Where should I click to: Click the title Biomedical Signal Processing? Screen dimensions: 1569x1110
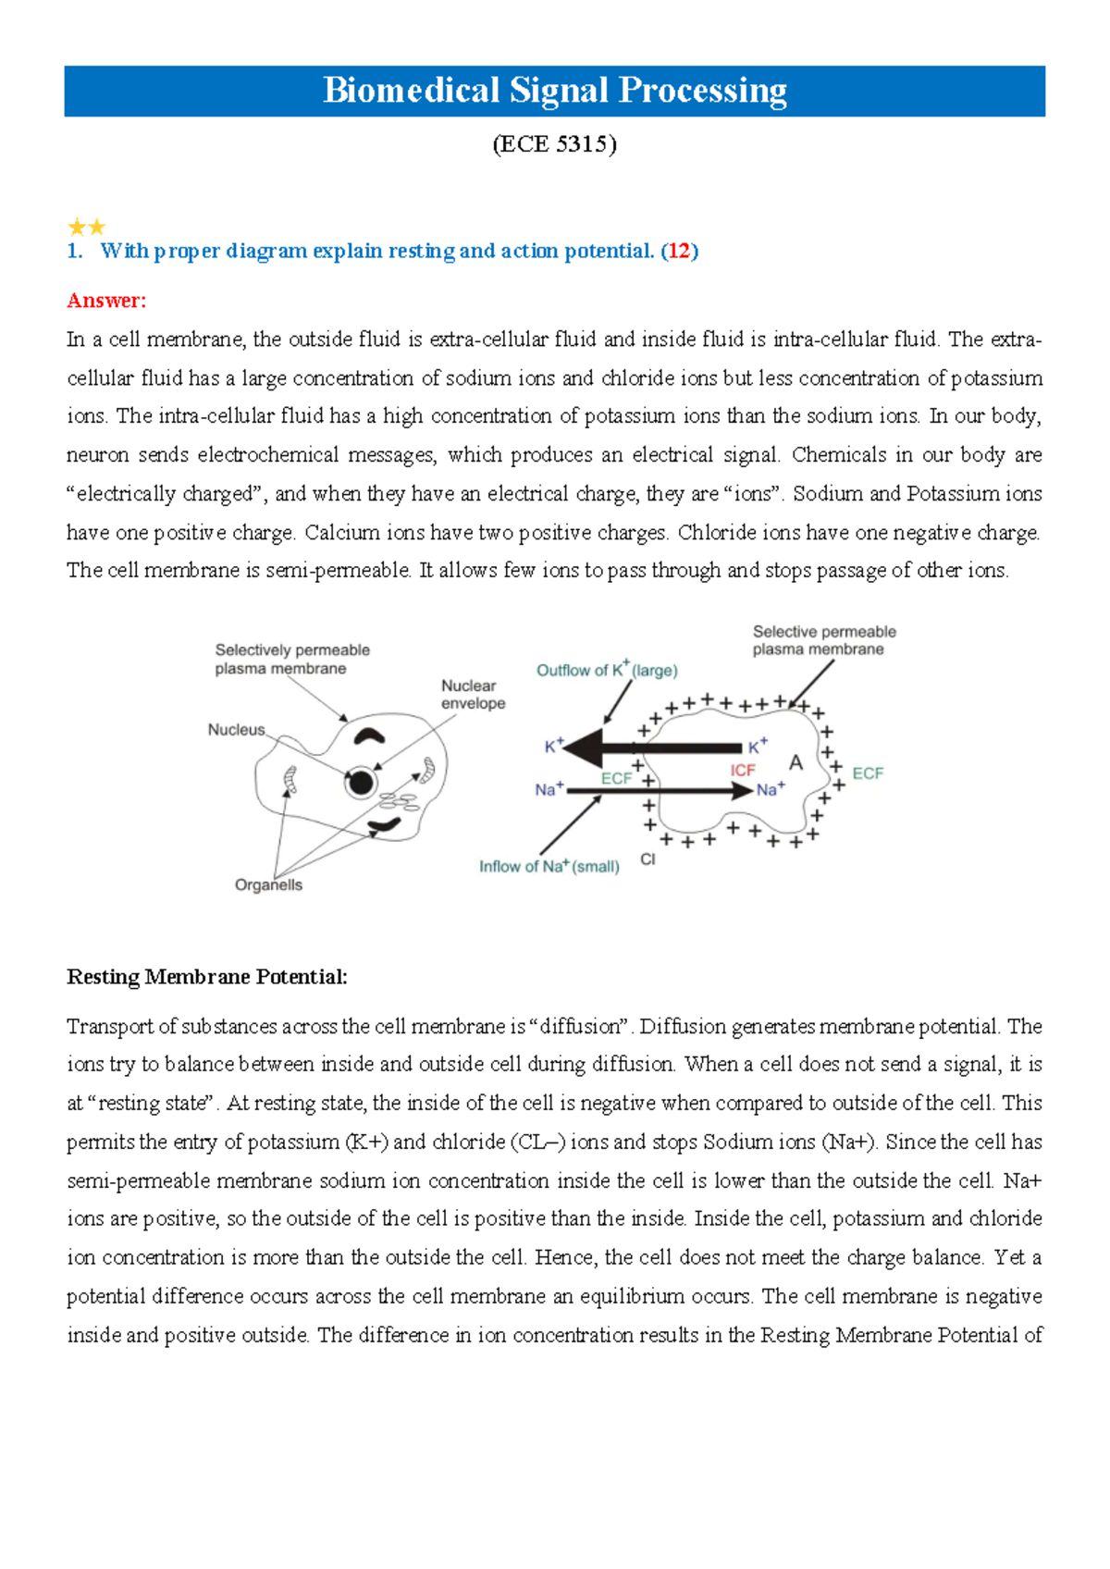coord(554,91)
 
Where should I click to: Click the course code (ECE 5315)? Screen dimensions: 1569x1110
coord(554,144)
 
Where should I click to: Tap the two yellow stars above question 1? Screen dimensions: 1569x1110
coord(87,227)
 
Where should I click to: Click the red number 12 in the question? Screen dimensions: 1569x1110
coord(679,251)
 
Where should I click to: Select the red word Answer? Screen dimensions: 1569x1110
coord(106,301)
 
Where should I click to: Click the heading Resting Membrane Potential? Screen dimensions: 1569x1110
coord(207,977)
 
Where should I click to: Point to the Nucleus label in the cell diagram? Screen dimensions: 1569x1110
coord(236,730)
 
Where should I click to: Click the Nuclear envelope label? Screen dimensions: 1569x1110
coord(473,695)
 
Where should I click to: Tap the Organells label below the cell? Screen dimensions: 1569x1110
coord(268,885)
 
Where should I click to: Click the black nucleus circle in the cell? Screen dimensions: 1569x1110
coord(361,784)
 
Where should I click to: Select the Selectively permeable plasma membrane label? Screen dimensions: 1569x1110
coord(291,660)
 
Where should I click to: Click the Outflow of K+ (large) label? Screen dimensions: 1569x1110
coord(607,670)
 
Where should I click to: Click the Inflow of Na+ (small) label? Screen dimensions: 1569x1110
coord(549,867)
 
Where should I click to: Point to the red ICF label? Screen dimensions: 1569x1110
coord(743,771)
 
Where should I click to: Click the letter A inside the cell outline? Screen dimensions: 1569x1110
coord(795,763)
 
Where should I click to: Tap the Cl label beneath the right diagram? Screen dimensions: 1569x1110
coord(647,859)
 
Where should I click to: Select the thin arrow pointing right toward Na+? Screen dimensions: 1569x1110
coord(657,791)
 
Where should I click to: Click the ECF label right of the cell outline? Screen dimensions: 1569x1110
coord(867,773)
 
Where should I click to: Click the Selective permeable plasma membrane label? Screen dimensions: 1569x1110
coord(823,640)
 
